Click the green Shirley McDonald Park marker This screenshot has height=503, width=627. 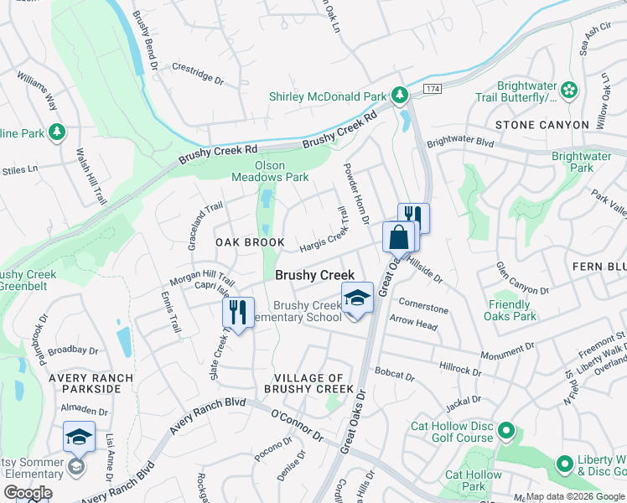coord(401,95)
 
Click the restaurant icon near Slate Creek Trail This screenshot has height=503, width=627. coord(238,314)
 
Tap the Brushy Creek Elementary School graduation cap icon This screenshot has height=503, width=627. coord(357,298)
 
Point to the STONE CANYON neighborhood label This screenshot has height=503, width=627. coord(541,125)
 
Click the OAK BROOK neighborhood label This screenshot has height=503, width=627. coord(250,241)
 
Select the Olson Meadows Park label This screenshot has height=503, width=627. coord(270,171)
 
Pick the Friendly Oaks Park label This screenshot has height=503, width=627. coord(510,311)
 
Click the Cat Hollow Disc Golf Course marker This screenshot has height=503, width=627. coord(505,432)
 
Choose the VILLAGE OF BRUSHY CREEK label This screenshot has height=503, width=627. coord(308,384)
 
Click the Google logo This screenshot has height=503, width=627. coord(28,493)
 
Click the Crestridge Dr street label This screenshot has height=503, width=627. coord(198,74)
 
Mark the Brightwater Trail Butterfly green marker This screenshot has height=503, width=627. coord(569,88)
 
